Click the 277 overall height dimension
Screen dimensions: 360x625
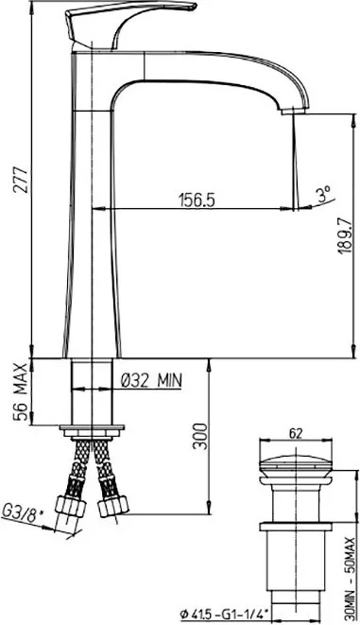[20, 181]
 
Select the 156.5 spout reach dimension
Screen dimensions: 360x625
[197, 200]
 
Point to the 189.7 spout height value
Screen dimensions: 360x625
[345, 235]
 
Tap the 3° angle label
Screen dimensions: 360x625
[323, 195]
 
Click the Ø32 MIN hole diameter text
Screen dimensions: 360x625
[151, 380]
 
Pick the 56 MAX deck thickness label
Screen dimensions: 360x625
[20, 391]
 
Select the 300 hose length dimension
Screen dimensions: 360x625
[200, 437]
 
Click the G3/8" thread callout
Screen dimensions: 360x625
[22, 512]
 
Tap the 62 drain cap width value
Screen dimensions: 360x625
[296, 433]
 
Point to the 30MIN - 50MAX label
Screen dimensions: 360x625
[350, 575]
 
